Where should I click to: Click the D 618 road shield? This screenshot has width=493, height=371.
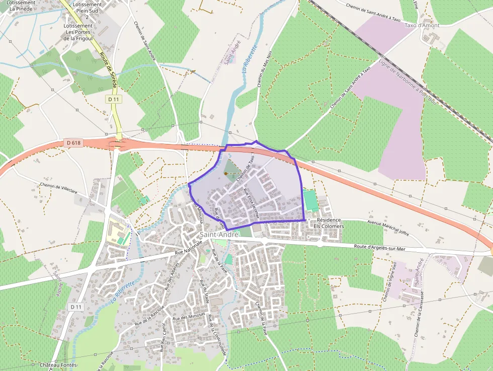pos(73,143)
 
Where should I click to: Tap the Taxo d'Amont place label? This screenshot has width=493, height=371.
pos(422,25)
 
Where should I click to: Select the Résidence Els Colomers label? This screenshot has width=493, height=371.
pos(328,223)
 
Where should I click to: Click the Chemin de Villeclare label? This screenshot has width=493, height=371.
pos(59,188)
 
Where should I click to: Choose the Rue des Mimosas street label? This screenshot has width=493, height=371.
pos(189,317)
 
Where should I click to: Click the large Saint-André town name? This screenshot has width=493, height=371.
pos(219,235)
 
